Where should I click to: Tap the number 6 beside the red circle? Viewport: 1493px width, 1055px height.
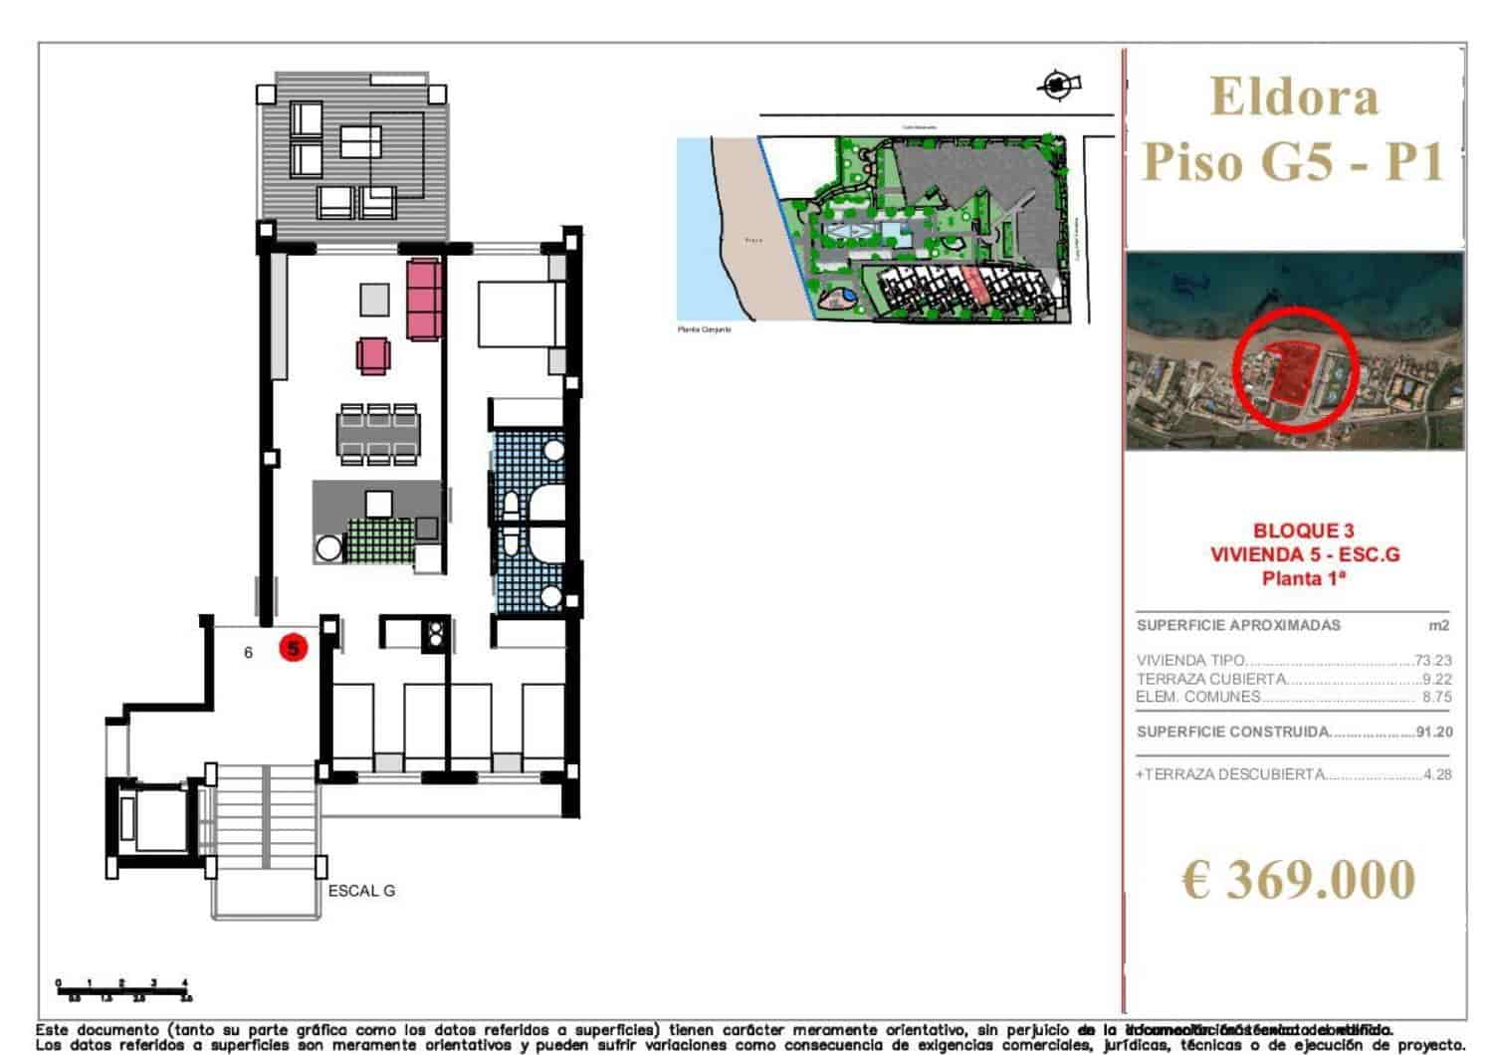249,652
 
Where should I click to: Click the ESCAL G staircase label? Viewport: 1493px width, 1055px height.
361,891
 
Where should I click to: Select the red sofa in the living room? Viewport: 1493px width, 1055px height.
424,298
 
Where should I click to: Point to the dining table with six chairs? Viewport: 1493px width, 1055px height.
376,433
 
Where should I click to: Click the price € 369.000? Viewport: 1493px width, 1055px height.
1297,879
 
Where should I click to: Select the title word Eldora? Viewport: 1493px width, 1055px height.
1295,97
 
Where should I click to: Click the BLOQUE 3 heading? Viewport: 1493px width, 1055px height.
1303,531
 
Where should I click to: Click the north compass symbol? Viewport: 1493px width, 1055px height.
1057,86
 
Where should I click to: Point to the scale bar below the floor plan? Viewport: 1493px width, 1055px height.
123,989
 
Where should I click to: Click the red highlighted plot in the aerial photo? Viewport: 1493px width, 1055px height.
1291,370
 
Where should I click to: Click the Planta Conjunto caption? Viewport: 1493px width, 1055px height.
705,328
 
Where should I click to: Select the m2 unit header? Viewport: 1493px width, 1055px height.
1438,626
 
